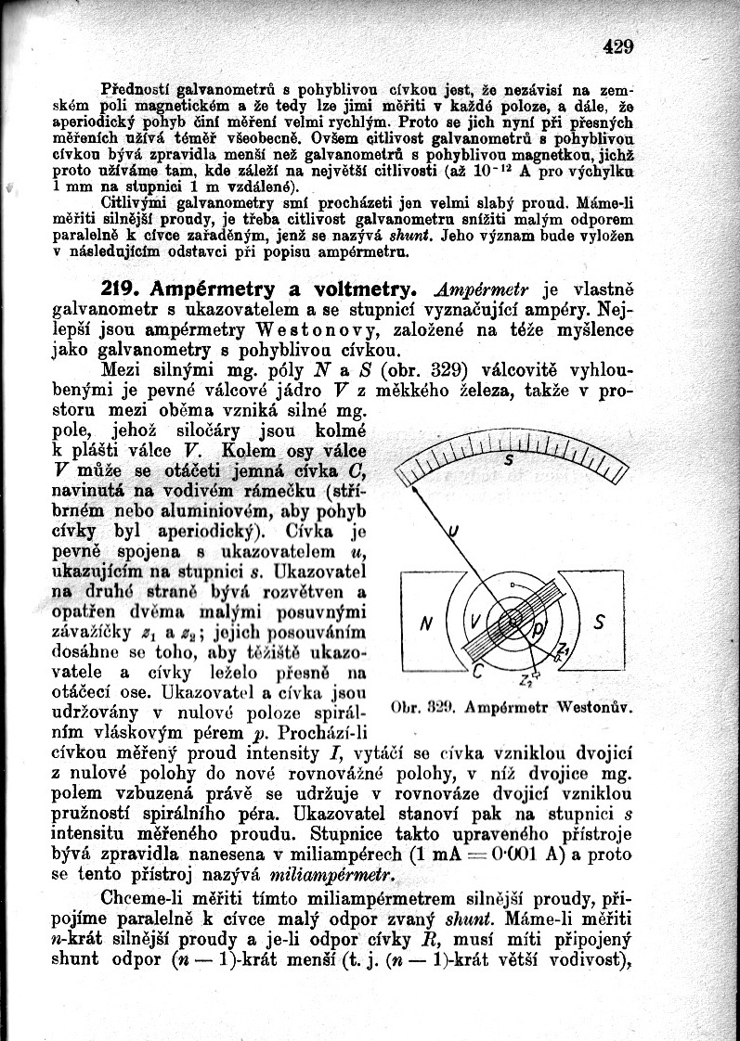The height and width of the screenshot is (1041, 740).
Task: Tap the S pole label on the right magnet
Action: click(x=599, y=623)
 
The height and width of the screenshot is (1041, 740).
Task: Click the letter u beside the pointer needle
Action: click(x=453, y=532)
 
